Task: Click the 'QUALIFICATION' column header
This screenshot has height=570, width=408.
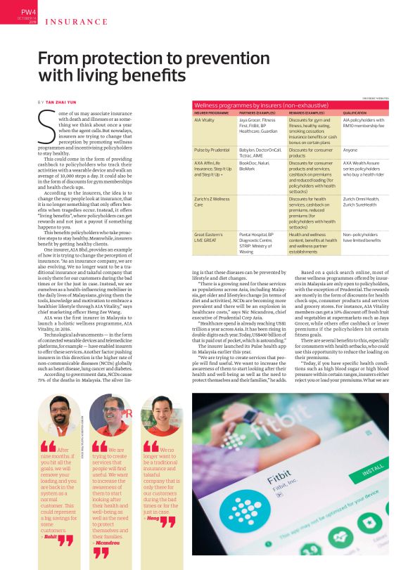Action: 355,112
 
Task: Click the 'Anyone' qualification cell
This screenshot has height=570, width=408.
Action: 350,150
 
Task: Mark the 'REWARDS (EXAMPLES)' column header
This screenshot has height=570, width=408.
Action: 307,112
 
